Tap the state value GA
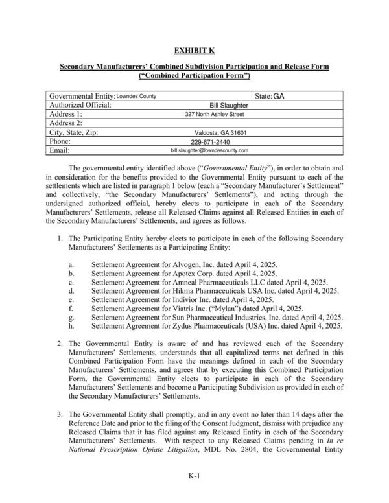pos(278,96)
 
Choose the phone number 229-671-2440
pos(210,141)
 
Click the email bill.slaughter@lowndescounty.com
pos(209,150)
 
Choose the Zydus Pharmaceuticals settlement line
pos(217,327)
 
